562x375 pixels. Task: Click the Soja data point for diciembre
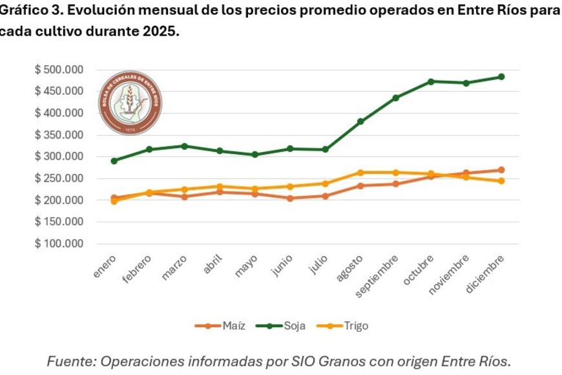[x=501, y=77]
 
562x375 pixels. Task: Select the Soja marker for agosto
[x=360, y=122]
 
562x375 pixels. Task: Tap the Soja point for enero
[x=114, y=161]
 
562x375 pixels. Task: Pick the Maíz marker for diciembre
[x=501, y=170]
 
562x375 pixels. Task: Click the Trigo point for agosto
[x=360, y=173]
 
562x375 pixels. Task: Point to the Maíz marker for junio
[x=290, y=198]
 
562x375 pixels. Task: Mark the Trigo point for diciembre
[x=501, y=181]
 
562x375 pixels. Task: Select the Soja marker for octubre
[x=431, y=81]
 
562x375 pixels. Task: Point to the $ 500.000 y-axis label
[x=59, y=70]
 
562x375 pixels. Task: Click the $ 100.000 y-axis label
[x=59, y=244]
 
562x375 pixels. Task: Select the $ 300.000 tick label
[x=59, y=156]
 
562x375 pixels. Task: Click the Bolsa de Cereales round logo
[x=130, y=103]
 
